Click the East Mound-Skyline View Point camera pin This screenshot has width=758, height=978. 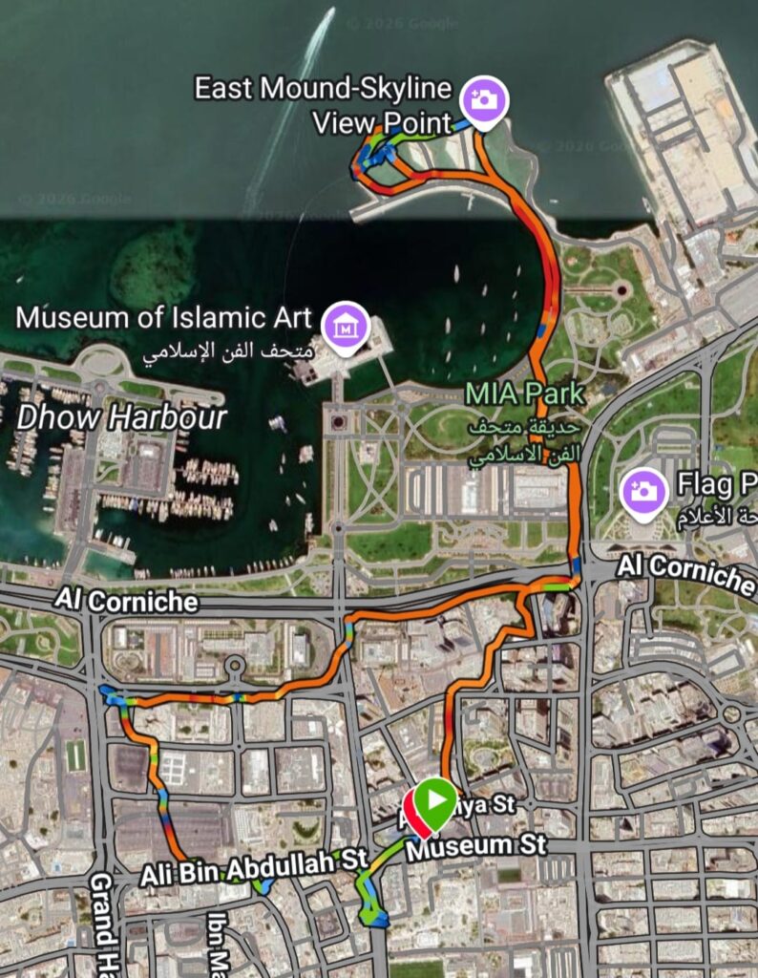point(484,99)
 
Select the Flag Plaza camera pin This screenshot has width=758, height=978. point(644,492)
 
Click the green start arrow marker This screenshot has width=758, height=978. point(436,801)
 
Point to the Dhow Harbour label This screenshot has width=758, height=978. point(122,417)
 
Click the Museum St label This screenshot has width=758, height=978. point(476,845)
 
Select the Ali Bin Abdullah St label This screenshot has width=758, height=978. point(253,870)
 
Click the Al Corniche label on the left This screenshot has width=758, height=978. point(126,601)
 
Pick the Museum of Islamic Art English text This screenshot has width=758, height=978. point(163,317)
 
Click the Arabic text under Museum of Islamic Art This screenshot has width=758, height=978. point(226,351)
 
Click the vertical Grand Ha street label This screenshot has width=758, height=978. point(103,923)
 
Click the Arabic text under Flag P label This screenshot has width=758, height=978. point(716,521)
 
